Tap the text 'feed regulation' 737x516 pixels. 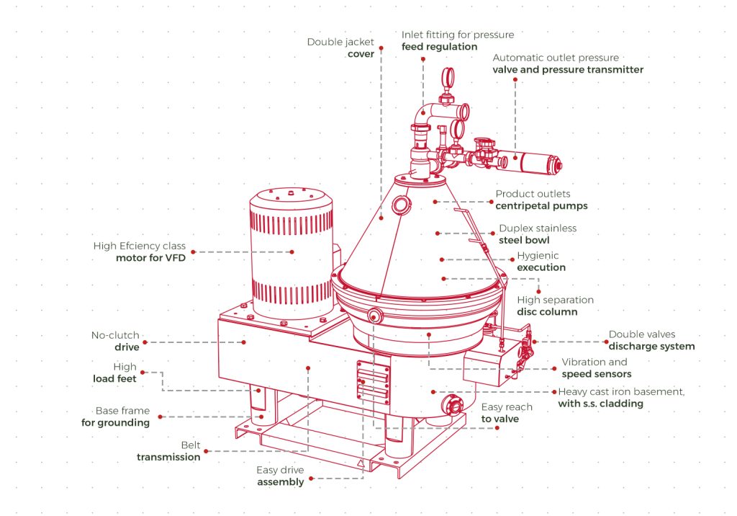point(439,46)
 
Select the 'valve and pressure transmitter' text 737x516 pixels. point(568,70)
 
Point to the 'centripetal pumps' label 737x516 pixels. point(541,205)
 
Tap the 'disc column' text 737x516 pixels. point(547,312)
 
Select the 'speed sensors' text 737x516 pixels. point(597,374)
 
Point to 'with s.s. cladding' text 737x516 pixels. point(600,404)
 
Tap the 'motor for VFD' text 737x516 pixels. point(150,257)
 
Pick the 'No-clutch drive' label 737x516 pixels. point(115,341)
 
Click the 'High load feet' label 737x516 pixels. point(114,373)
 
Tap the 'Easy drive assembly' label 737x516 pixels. point(280,476)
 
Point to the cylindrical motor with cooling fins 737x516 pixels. point(290,252)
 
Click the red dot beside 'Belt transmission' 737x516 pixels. point(207,451)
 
